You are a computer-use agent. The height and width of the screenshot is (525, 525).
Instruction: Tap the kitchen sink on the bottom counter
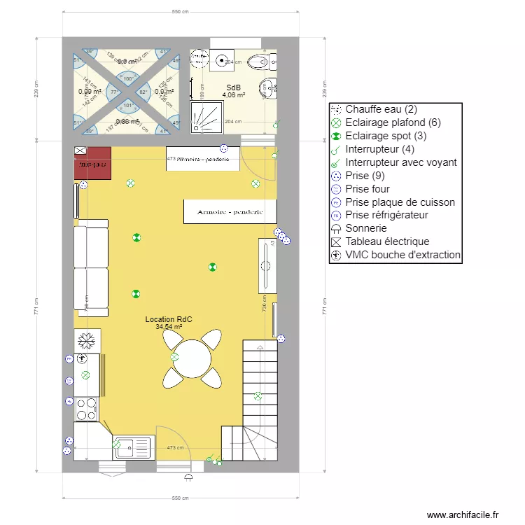pos(133,447)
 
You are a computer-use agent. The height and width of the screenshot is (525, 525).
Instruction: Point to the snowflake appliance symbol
pos(87,341)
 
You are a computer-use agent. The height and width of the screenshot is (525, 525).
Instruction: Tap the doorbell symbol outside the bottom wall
pos(188,477)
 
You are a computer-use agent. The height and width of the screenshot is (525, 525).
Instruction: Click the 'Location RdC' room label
pos(168,319)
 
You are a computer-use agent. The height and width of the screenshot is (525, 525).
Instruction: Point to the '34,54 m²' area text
pos(168,327)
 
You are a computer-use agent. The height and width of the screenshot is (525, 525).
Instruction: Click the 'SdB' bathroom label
pos(232,87)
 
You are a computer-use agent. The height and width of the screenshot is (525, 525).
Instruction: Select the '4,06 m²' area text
pos(233,95)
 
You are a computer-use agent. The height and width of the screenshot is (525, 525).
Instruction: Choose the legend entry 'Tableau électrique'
pos(387,241)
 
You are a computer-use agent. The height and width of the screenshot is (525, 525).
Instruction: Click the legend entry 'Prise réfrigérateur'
pos(386,215)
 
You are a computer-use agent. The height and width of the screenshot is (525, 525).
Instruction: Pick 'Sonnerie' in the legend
pos(366,228)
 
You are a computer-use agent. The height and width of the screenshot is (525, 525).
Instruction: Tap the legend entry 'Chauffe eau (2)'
pos(381,109)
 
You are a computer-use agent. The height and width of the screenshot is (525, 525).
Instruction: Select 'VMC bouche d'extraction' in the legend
pos(402,255)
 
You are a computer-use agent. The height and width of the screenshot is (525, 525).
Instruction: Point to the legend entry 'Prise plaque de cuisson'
pos(400,202)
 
